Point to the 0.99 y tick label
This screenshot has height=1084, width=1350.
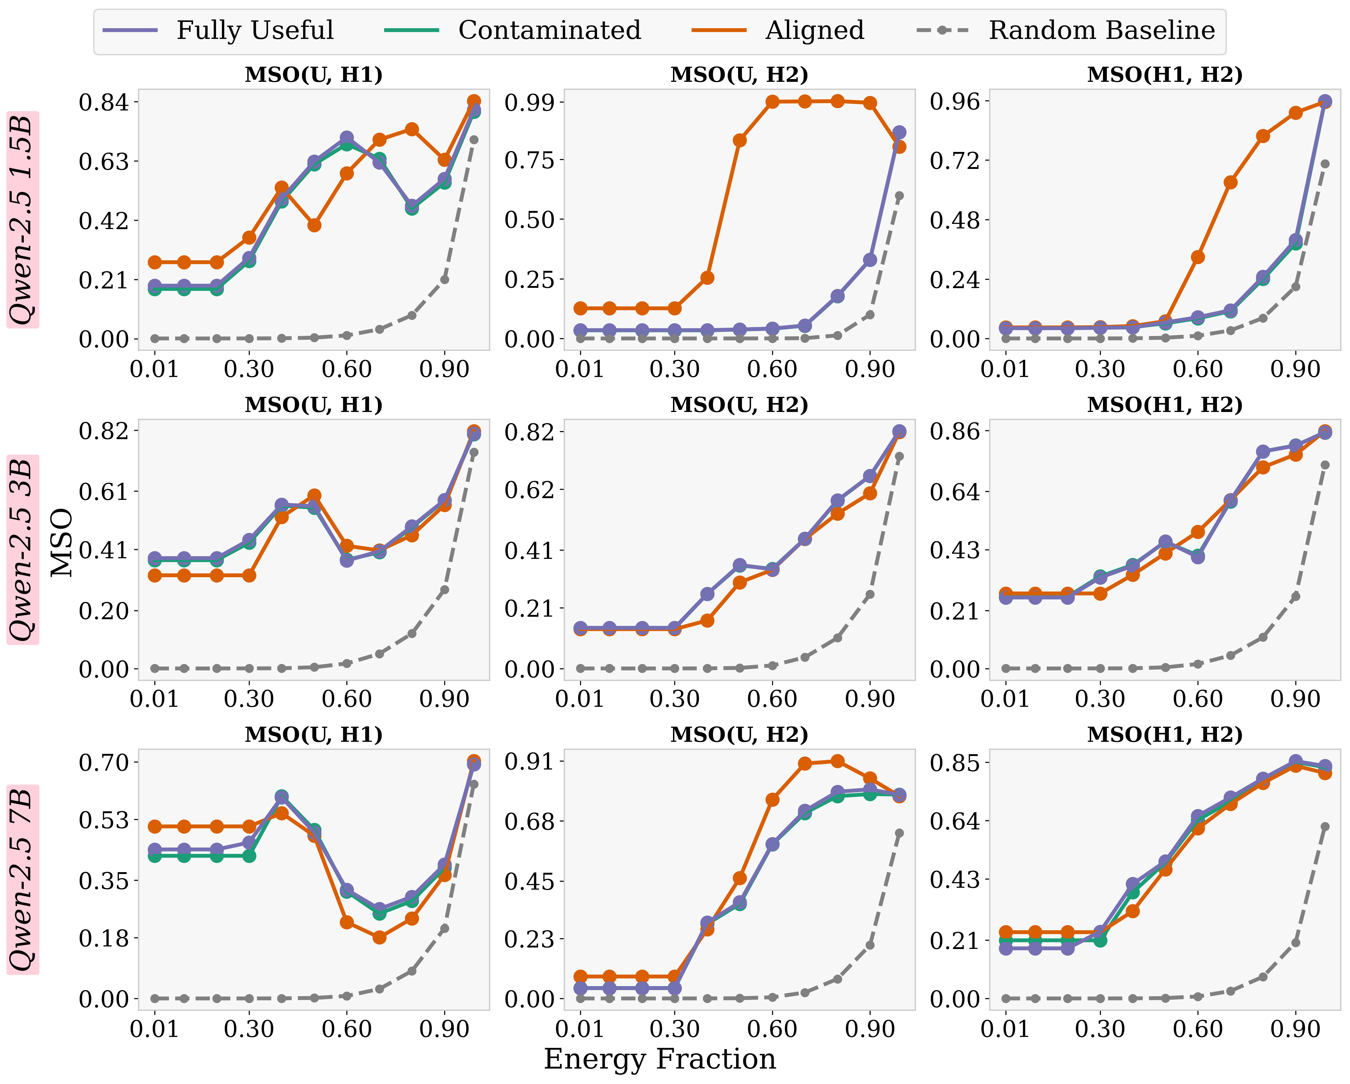(x=530, y=101)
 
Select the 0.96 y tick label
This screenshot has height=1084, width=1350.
(x=955, y=101)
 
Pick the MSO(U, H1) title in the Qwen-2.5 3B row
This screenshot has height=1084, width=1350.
(x=314, y=405)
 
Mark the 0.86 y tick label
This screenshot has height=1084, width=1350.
(x=955, y=431)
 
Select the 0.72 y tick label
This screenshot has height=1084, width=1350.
(x=955, y=161)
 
